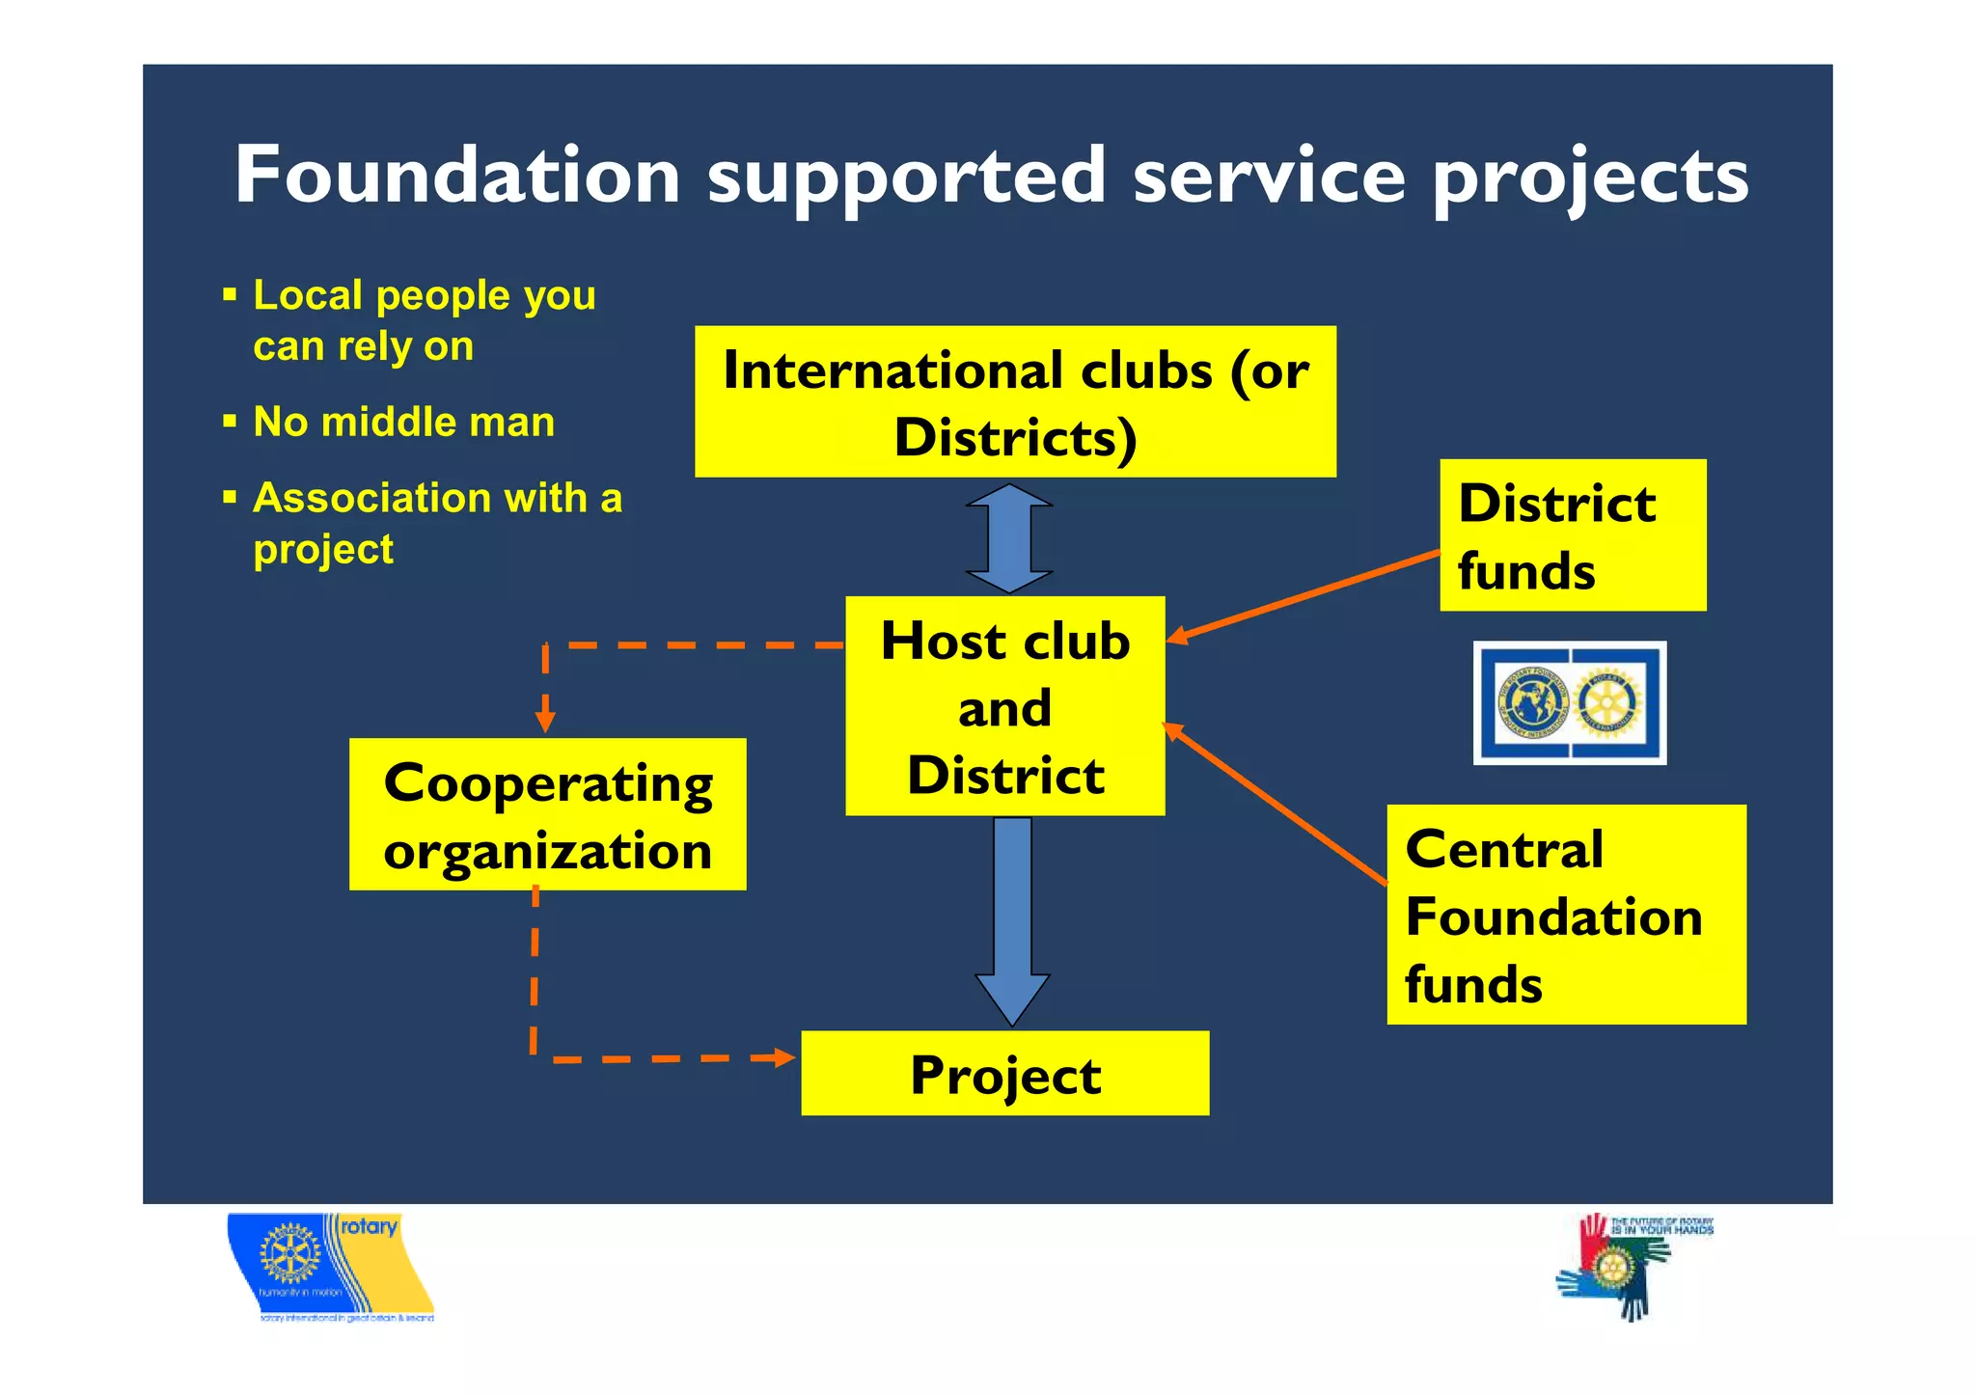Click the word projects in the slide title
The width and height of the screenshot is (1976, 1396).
click(x=1589, y=178)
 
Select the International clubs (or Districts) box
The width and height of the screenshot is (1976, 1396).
click(x=1015, y=401)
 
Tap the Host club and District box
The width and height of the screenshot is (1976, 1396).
click(x=1004, y=706)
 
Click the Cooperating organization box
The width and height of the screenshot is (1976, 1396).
click(x=547, y=814)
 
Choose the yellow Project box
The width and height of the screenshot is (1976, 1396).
click(x=1004, y=1074)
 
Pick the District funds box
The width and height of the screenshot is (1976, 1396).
click(x=1572, y=535)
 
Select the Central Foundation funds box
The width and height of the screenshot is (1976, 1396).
click(x=1565, y=915)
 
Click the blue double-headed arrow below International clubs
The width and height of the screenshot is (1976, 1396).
click(x=1009, y=538)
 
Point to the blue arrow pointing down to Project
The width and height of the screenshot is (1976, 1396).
click(x=1012, y=917)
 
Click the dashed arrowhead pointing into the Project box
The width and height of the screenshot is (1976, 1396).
click(x=785, y=1058)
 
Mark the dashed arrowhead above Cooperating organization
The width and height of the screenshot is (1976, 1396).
click(x=545, y=721)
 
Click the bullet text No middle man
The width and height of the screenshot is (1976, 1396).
click(x=403, y=423)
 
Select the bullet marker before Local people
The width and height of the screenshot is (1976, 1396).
click(x=230, y=294)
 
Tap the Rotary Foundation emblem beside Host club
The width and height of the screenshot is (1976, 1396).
click(x=1569, y=703)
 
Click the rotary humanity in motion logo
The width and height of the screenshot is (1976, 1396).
click(x=330, y=1267)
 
